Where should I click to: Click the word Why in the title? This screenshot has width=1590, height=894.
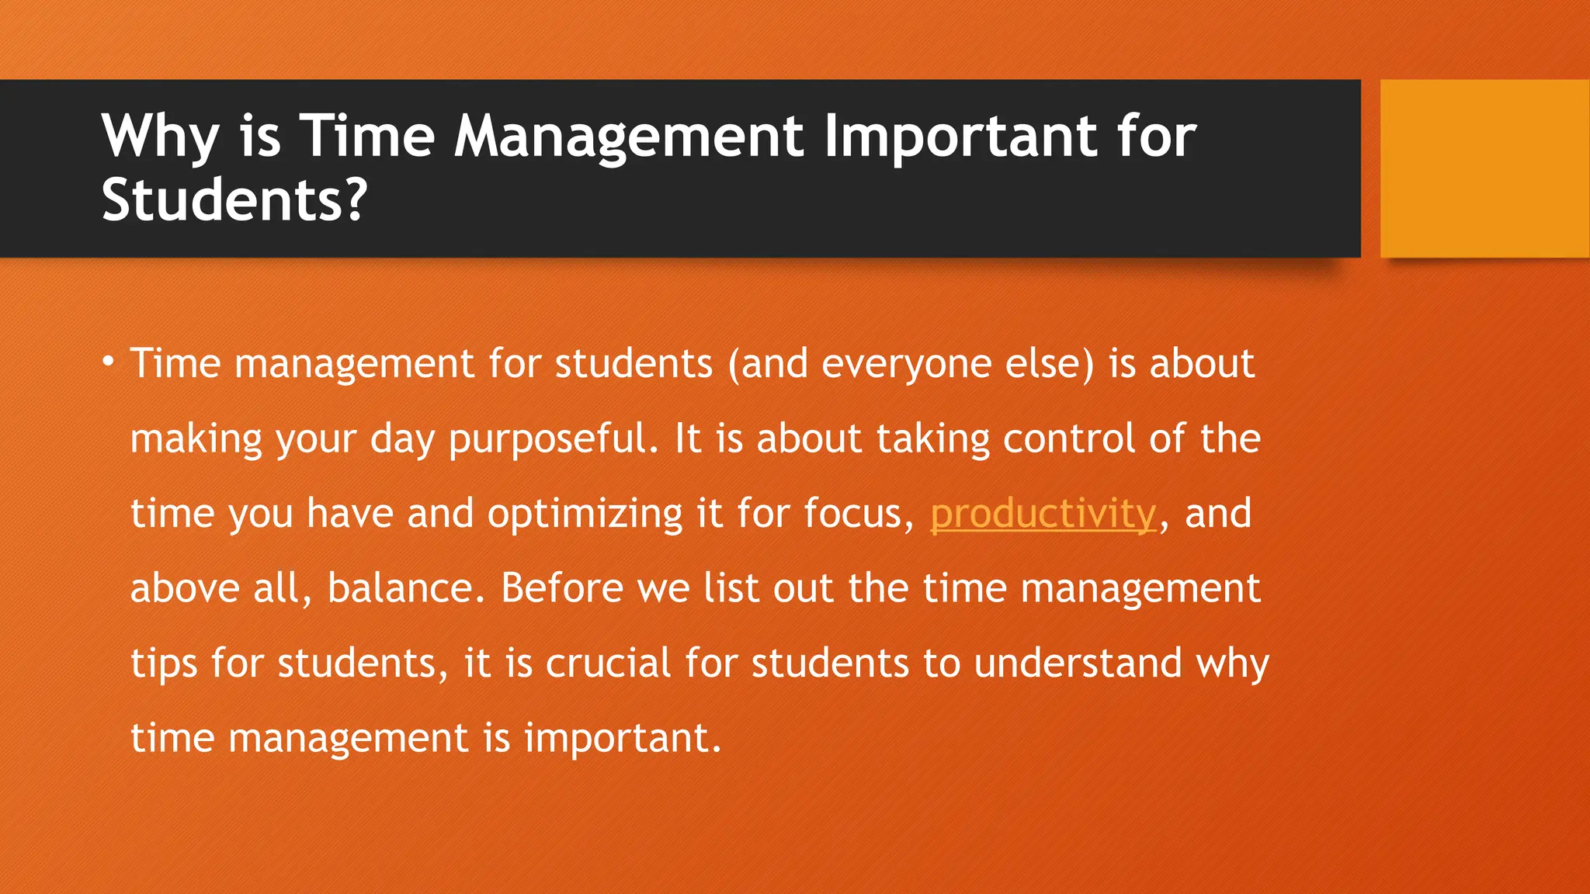pos(160,137)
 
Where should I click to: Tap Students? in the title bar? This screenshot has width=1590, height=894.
pos(233,200)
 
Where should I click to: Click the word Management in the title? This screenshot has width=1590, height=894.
pos(629,137)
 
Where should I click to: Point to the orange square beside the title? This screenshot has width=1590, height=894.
pos(1484,168)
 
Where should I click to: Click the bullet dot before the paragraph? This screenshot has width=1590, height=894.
pos(109,361)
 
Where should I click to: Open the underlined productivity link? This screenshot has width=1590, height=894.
pos(1043,514)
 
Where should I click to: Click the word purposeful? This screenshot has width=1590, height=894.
pos(553,439)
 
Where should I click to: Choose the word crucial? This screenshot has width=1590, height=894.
pos(608,664)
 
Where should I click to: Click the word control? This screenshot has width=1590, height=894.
pos(1069,438)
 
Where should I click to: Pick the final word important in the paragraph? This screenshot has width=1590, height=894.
pos(623,738)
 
